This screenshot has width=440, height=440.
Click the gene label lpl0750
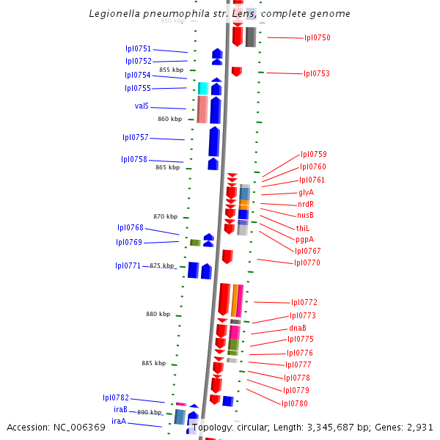point(317,37)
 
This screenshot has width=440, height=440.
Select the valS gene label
point(142,106)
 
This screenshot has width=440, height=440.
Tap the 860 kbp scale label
point(169,119)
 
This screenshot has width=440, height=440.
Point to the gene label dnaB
point(297,328)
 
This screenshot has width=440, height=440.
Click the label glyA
point(306,192)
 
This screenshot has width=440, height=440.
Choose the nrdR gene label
point(306,204)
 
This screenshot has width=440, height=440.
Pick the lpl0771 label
point(128,265)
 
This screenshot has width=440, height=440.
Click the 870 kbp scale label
point(165,216)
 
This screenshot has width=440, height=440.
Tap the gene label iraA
point(119,421)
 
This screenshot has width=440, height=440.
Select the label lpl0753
point(316,73)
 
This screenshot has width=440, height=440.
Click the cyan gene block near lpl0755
point(203,89)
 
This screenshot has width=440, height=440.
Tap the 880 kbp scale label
point(158,314)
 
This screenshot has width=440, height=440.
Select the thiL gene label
point(303,228)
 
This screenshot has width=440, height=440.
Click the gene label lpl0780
point(295,403)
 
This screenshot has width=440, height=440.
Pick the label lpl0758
point(134,159)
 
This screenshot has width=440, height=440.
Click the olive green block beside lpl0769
point(195,243)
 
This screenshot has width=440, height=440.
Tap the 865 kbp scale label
point(167,167)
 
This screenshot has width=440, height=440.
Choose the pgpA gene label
point(305,239)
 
